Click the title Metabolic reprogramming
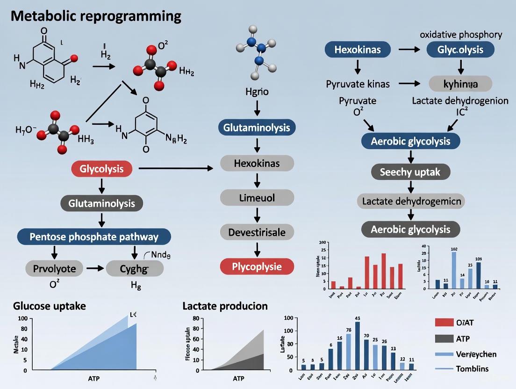click(95, 15)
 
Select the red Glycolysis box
click(101, 169)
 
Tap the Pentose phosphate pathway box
click(94, 237)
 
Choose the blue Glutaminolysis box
click(257, 128)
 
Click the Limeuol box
click(257, 197)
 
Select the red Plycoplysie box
click(257, 266)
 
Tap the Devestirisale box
click(257, 232)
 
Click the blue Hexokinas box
click(358, 49)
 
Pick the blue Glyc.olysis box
click(460, 49)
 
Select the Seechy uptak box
click(410, 172)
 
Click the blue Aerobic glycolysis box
click(410, 141)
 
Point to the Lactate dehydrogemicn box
click(410, 202)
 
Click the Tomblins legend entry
click(472, 368)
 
